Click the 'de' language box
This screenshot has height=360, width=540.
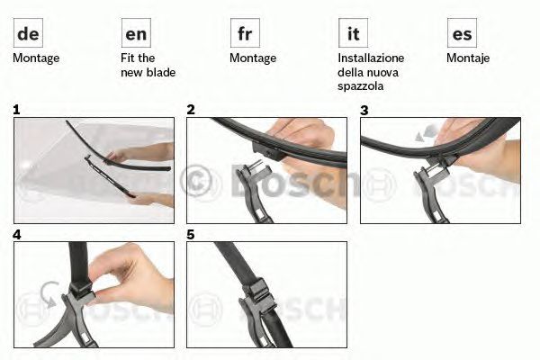28,33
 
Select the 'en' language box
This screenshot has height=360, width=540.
136,33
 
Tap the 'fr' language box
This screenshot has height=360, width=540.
245,33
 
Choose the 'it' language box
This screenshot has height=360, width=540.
353,33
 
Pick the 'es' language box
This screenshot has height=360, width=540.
462,33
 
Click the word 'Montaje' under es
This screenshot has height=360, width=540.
468,58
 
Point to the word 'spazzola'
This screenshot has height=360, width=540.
360,86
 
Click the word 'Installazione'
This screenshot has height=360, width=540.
371,58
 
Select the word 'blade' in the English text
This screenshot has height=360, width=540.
161,72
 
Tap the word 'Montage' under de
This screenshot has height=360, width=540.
36,58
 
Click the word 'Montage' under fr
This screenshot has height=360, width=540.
253,58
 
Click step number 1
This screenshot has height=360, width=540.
16,110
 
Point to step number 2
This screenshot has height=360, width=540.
191,110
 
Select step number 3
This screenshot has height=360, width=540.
364,110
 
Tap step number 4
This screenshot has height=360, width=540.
17,235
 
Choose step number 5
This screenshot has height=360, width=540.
191,235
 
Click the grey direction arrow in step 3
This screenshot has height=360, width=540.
427,133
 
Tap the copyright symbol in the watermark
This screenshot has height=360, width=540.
196,182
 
